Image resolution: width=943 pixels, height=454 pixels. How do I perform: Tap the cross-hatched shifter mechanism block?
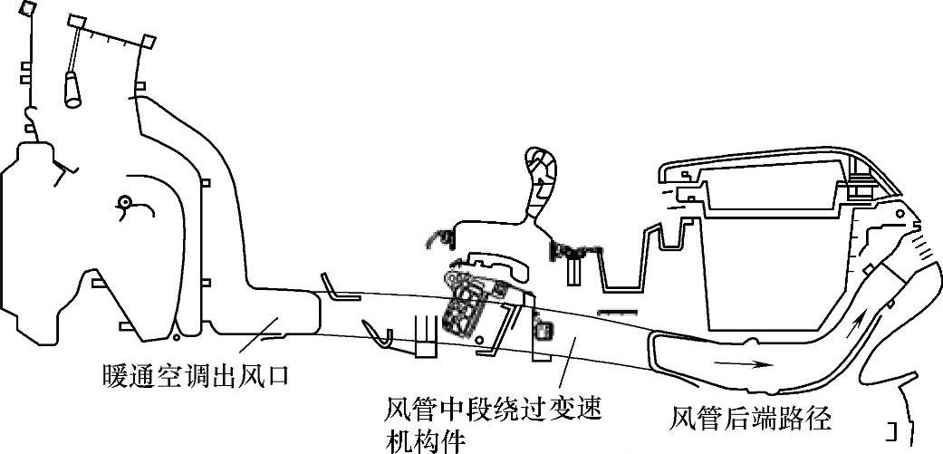(x=470, y=304)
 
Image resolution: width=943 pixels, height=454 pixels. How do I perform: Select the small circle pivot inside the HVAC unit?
(x=125, y=203)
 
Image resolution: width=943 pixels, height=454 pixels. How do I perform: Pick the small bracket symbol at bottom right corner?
(x=894, y=428)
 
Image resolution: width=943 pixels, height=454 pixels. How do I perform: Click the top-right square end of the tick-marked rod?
(x=149, y=41)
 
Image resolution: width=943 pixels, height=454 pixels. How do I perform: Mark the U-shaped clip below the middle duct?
(x=378, y=333)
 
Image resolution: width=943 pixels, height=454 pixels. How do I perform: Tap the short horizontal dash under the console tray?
(x=614, y=311)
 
